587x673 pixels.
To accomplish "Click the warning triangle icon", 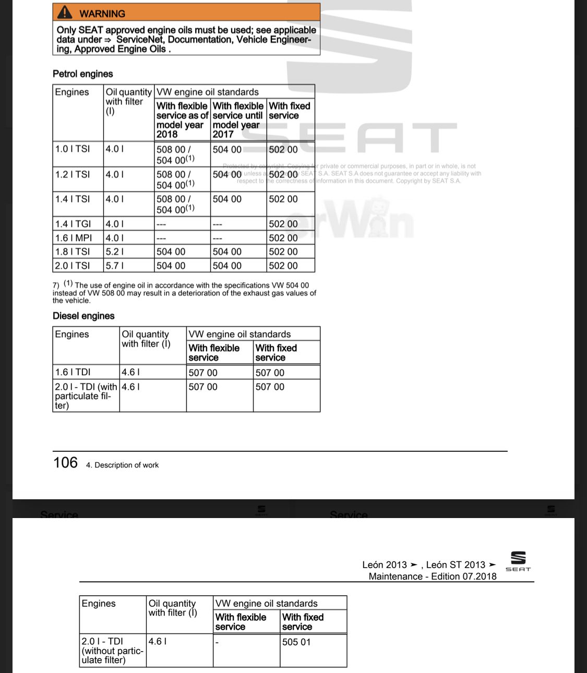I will (x=65, y=13).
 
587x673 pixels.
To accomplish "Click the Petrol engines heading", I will (x=82, y=74).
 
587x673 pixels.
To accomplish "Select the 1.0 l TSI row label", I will (x=73, y=149).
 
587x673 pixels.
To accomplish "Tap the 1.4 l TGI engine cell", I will (x=73, y=224).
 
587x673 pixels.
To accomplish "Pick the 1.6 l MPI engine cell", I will (x=74, y=238).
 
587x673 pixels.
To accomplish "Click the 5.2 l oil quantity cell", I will (x=115, y=252).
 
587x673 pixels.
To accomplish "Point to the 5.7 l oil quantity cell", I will (x=115, y=266).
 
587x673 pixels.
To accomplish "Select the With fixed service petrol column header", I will (x=290, y=111).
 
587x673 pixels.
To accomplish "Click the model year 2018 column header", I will (x=182, y=120).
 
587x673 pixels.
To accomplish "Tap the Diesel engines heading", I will (x=83, y=316).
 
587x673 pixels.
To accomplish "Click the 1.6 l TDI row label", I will (x=73, y=372).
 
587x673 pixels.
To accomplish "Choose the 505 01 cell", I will (x=296, y=642).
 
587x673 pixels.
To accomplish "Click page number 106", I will (x=65, y=463).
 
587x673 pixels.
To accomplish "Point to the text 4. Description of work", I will (x=122, y=465).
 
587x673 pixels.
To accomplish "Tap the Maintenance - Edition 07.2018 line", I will (x=433, y=576).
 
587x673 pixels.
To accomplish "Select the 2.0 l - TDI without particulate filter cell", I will (x=112, y=651).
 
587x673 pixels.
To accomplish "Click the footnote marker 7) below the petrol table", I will (x=56, y=285).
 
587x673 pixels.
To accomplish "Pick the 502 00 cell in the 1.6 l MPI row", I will (x=283, y=238).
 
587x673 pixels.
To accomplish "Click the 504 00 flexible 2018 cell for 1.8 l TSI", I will (x=171, y=252).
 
